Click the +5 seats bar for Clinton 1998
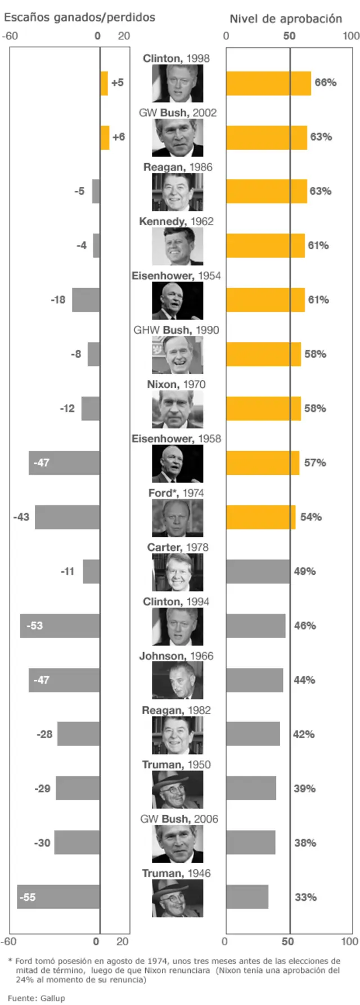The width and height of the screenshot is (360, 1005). coord(104,83)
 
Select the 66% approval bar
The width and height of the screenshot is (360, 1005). coord(268,83)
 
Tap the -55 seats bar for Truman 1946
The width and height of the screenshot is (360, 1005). coord(58,896)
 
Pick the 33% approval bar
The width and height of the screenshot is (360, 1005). coord(247,896)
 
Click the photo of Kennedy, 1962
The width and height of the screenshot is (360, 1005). coord(177,246)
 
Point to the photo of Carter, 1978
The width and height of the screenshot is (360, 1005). coord(177,572)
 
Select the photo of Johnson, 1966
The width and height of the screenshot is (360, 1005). coord(177,681)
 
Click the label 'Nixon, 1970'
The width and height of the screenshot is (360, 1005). coord(176,384)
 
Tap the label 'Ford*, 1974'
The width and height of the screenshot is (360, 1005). coord(176,493)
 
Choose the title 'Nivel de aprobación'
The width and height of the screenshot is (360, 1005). coord(285,19)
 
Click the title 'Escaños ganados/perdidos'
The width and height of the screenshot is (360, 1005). coord(79,17)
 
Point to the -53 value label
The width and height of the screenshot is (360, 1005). coord(34,625)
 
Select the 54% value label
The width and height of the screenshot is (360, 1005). coord(310,517)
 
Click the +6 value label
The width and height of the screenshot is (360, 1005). coord(118,137)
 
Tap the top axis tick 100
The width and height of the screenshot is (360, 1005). coord(351,36)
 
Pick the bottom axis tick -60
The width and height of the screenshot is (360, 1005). coord(8,941)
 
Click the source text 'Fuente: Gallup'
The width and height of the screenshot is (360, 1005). coord(36,998)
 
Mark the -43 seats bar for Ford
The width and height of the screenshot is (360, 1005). coord(67,517)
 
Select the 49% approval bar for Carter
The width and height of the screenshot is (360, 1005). coord(258,571)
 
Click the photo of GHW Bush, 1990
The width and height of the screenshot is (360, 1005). coord(177,355)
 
